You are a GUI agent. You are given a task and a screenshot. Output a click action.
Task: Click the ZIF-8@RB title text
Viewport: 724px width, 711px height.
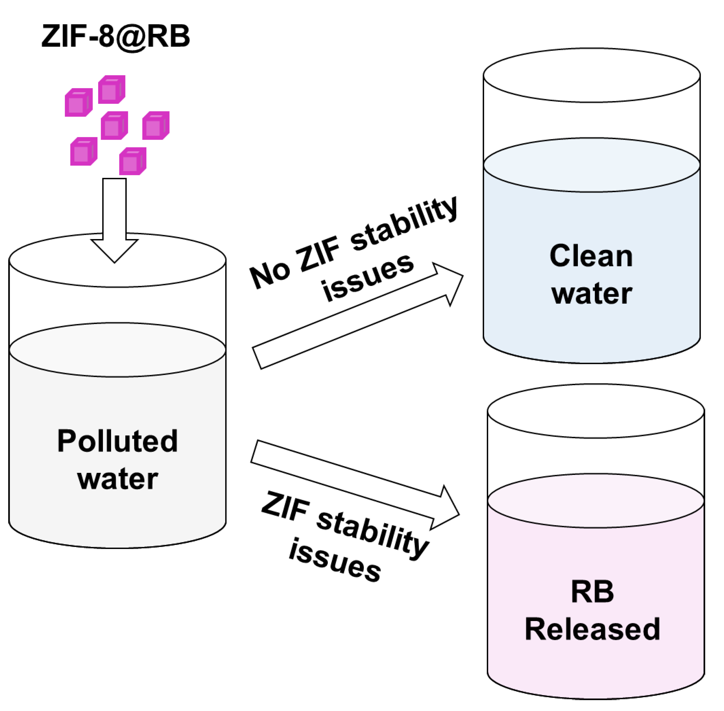tap(116, 36)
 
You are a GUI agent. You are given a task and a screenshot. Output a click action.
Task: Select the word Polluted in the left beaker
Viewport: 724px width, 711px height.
tap(117, 441)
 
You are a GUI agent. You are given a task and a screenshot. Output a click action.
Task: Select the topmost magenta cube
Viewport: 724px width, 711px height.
tap(111, 90)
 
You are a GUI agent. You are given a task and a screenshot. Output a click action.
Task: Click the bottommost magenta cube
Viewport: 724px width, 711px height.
tap(133, 161)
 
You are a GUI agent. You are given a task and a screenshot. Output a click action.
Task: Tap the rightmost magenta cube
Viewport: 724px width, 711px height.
tap(156, 126)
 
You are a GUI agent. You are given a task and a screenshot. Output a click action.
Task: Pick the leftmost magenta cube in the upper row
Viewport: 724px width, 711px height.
tap(78, 103)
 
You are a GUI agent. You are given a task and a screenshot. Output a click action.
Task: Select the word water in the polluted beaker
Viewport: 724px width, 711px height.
tap(117, 479)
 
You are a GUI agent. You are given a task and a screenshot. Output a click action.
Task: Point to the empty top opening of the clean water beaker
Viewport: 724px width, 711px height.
tap(591, 75)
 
